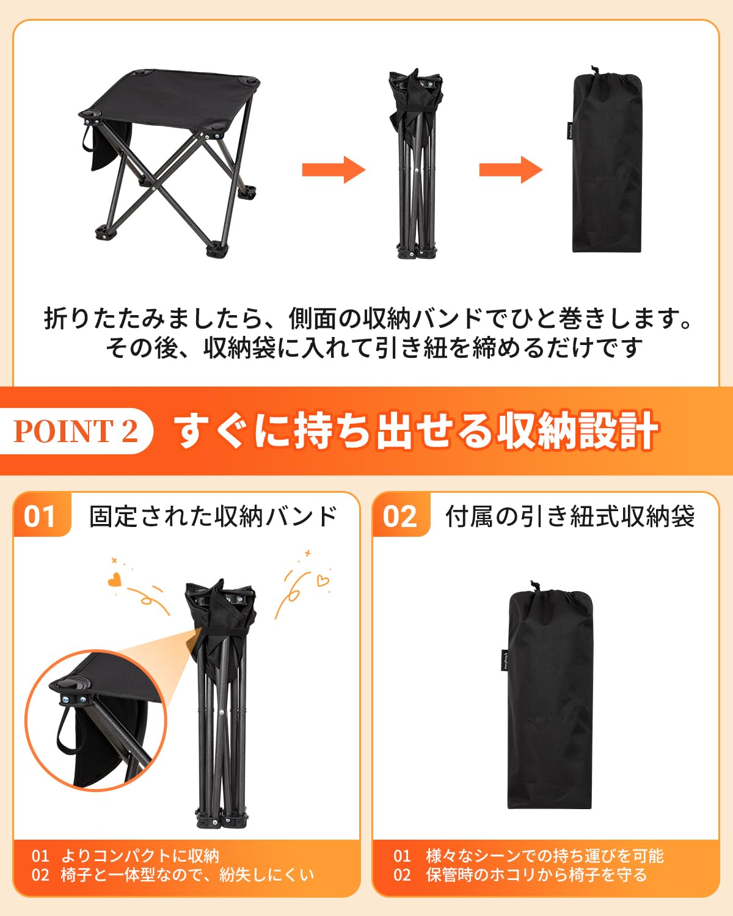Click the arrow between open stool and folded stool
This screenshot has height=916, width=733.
[x=334, y=170]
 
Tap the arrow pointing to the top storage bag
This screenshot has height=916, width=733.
[x=511, y=170]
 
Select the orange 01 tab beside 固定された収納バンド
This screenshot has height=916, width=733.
[x=42, y=515]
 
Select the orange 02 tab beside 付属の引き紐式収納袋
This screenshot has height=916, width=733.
[x=401, y=515]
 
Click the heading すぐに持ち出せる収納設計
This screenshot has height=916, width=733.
[x=416, y=431]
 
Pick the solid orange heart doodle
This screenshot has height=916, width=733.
[x=114, y=580]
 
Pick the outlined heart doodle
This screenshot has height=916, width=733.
[x=323, y=580]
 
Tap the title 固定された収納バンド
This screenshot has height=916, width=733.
[x=213, y=516]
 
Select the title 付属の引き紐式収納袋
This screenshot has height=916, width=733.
[x=570, y=516]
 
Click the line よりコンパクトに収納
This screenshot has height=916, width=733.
[x=140, y=856]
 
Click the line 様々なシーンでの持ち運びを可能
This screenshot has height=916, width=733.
[x=545, y=856]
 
